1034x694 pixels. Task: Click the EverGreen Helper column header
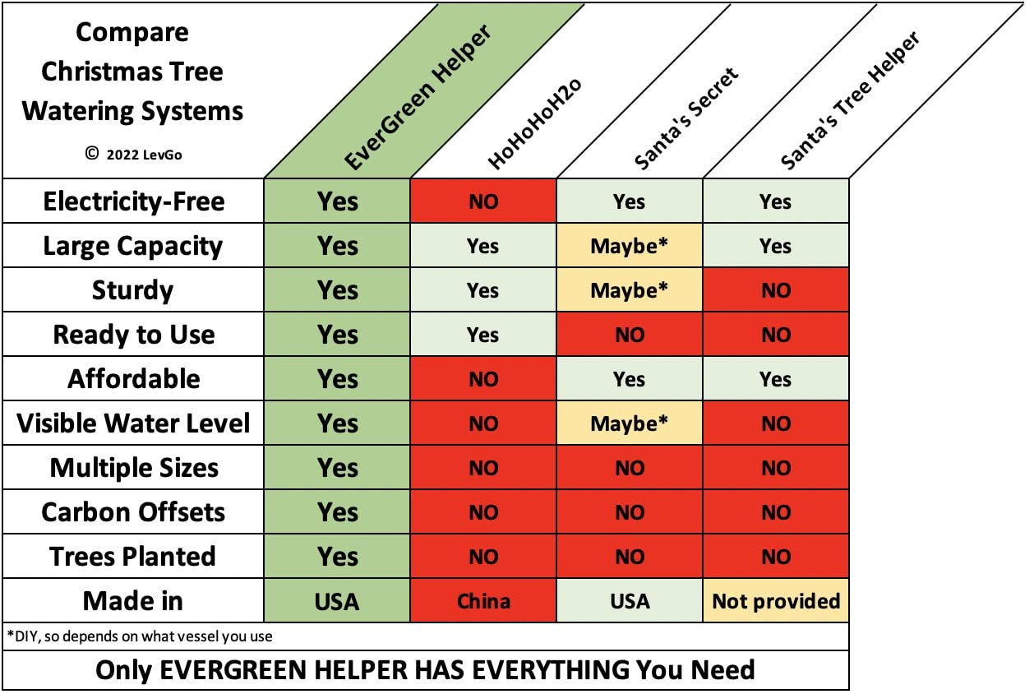pyautogui.click(x=418, y=97)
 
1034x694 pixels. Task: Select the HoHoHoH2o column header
pyautogui.click(x=534, y=123)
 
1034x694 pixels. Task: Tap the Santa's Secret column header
pyautogui.click(x=686, y=118)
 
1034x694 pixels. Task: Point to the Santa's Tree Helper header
pyautogui.click(x=850, y=100)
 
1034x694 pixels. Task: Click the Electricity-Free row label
pyautogui.click(x=134, y=201)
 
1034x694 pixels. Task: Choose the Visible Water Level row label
pyautogui.click(x=133, y=423)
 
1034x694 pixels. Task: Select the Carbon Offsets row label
pyautogui.click(x=133, y=512)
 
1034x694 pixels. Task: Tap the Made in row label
pyautogui.click(x=133, y=601)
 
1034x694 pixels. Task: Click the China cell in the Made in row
pyautogui.click(x=483, y=601)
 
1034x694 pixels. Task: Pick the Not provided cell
pyautogui.click(x=776, y=601)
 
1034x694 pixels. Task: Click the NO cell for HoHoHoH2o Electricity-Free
pyautogui.click(x=483, y=201)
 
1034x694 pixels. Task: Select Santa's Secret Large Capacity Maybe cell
pyautogui.click(x=630, y=245)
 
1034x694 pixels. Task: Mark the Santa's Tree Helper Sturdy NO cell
pyautogui.click(x=776, y=290)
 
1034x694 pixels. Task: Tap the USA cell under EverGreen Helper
pyautogui.click(x=337, y=601)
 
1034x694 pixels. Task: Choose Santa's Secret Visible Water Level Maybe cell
pyautogui.click(x=630, y=423)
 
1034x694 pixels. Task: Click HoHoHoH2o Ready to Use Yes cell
pyautogui.click(x=483, y=335)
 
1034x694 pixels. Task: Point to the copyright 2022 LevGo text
pyautogui.click(x=133, y=154)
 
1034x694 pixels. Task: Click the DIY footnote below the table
pyautogui.click(x=140, y=636)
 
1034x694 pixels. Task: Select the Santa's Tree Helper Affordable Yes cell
pyautogui.click(x=776, y=378)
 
